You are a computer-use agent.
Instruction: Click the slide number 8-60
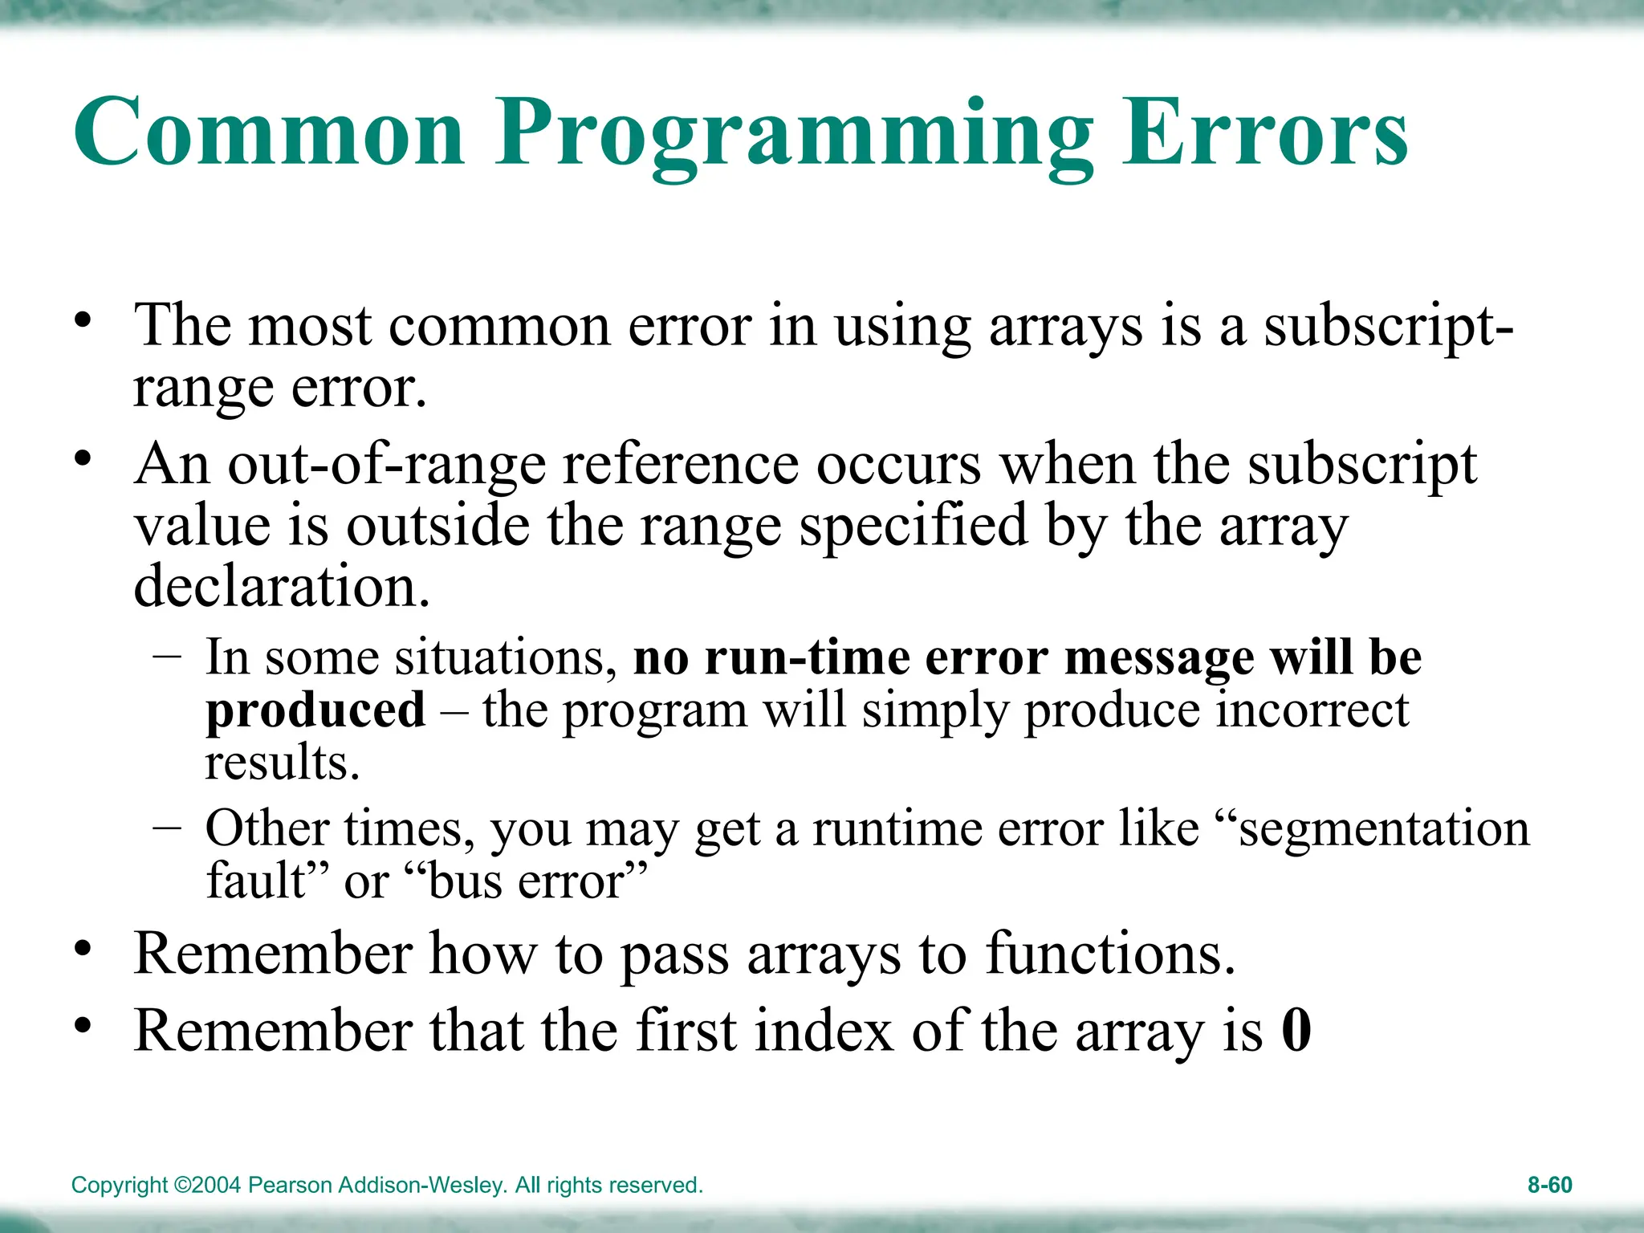click(x=1549, y=1185)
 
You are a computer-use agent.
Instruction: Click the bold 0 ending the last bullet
click(x=1296, y=1031)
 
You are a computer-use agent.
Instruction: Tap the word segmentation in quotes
click(x=1384, y=828)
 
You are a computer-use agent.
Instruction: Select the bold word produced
click(x=315, y=711)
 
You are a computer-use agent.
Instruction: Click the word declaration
click(x=282, y=586)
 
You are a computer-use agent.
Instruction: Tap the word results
click(x=282, y=763)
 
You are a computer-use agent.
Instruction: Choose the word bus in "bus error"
click(x=464, y=881)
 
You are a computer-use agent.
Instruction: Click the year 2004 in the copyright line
click(x=216, y=1185)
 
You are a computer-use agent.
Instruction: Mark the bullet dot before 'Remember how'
click(x=83, y=949)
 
